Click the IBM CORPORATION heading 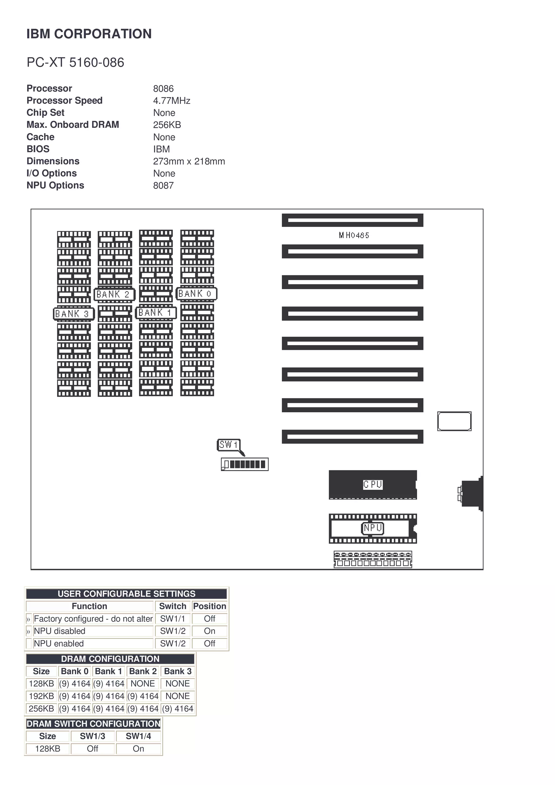[x=89, y=34]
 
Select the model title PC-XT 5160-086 [x=75, y=63]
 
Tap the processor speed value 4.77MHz [x=172, y=100]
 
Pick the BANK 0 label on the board [x=196, y=294]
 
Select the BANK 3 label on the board [x=73, y=313]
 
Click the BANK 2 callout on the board [x=114, y=294]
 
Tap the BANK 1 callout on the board [x=156, y=313]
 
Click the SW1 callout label [x=228, y=445]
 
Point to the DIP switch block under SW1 [x=245, y=464]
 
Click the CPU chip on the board [x=373, y=485]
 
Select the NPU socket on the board [x=373, y=528]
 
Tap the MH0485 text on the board [x=354, y=235]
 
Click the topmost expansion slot [x=352, y=220]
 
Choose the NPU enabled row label [x=59, y=643]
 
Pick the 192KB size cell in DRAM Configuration [x=41, y=696]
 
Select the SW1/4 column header [x=138, y=736]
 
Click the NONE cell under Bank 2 [x=143, y=683]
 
